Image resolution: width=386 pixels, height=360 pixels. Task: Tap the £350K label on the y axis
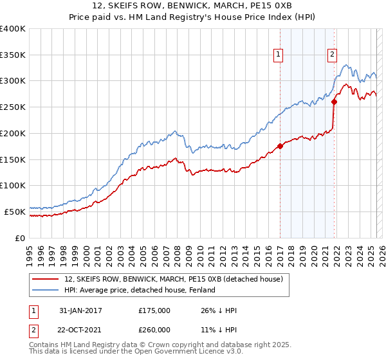point(13,55)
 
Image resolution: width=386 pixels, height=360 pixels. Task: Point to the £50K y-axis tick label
point(15,212)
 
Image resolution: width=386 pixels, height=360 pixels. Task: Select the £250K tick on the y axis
point(13,107)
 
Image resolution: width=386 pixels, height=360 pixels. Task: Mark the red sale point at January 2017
point(280,147)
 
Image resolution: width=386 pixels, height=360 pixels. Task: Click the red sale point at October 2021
point(335,102)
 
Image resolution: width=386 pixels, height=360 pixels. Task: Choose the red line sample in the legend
point(46,279)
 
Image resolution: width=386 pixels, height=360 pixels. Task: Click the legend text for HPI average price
point(143,290)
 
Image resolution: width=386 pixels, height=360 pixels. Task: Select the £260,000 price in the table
point(154,330)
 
